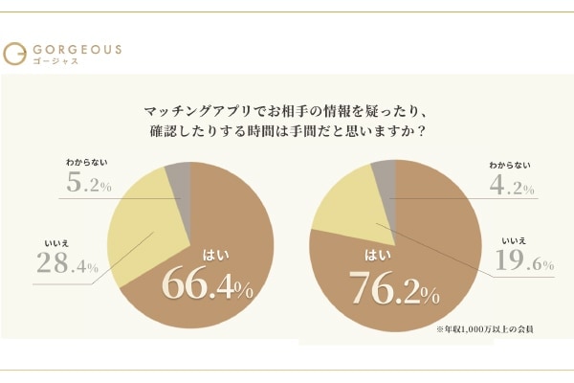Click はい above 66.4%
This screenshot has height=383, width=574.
213,254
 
